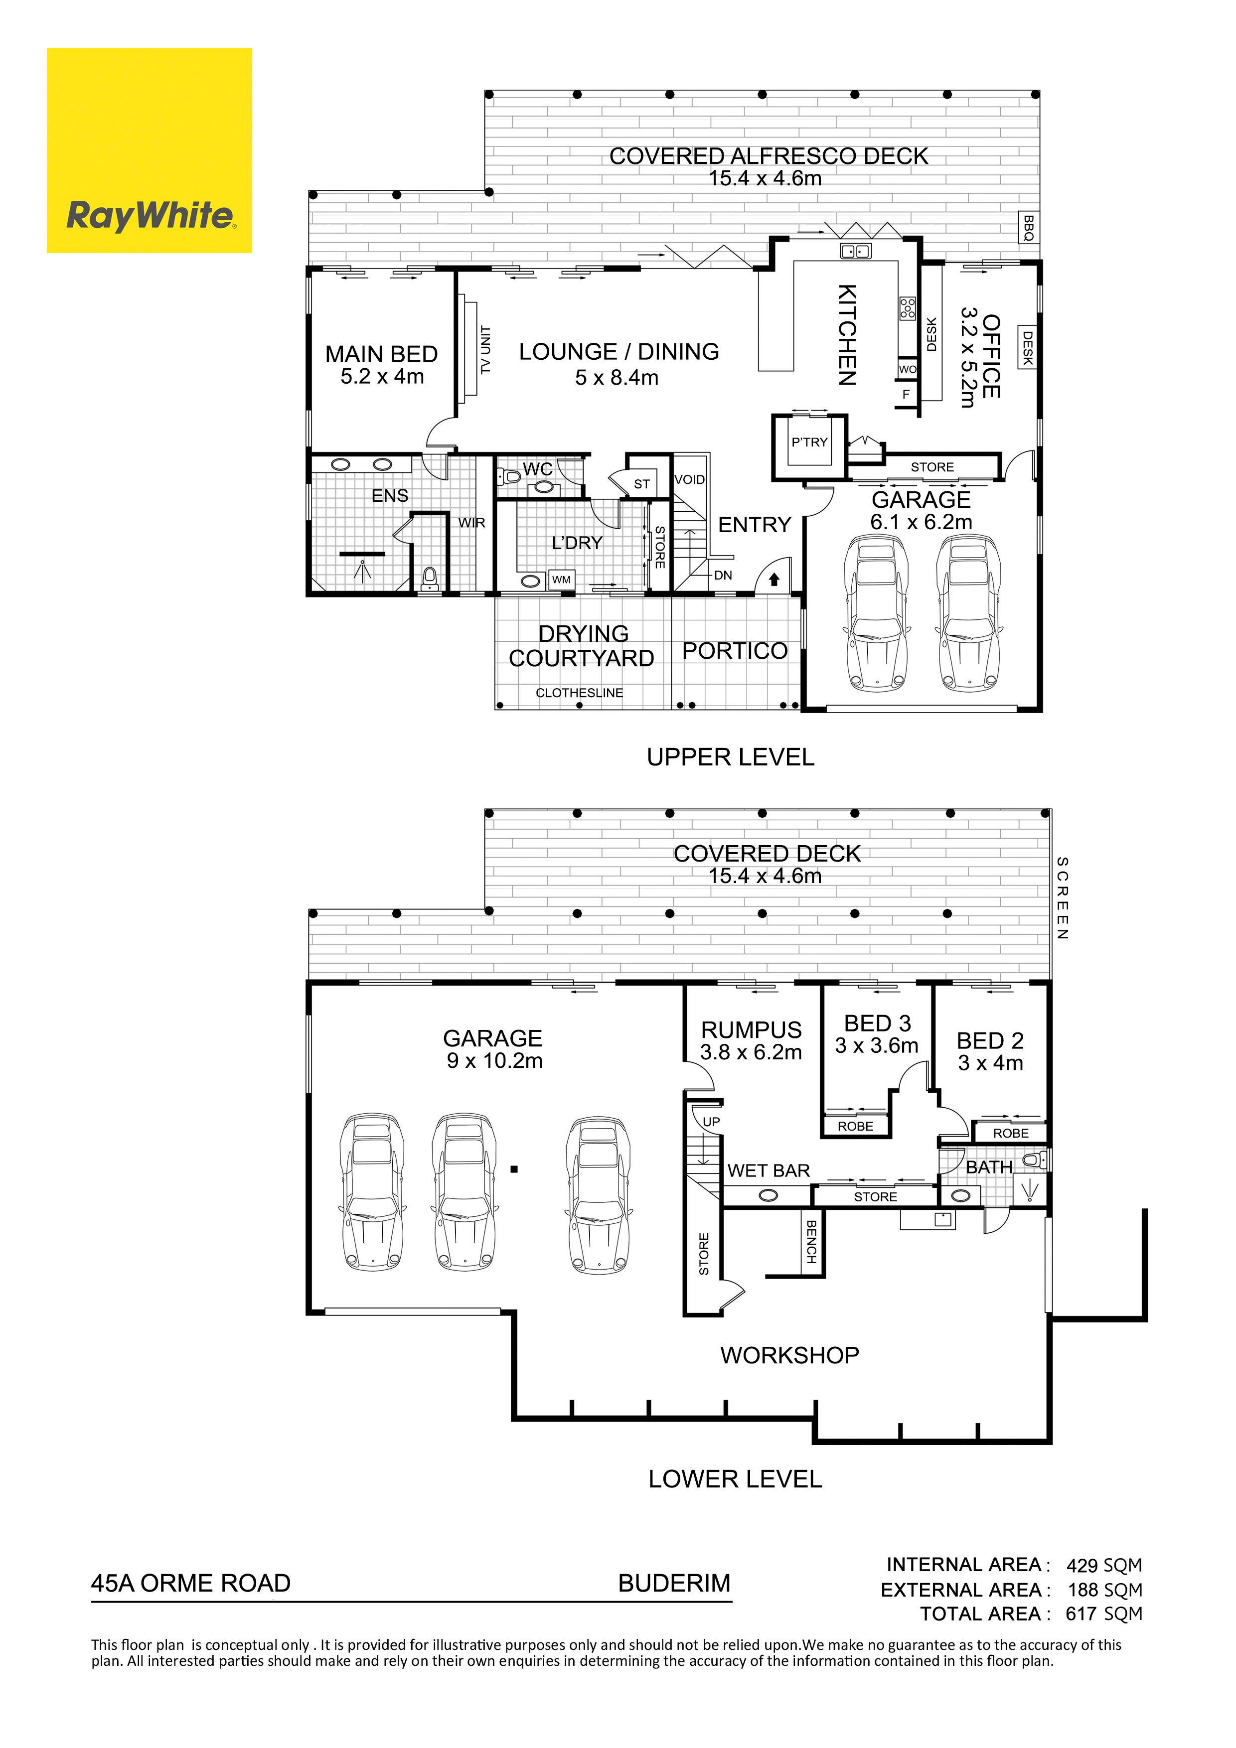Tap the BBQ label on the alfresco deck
pyautogui.click(x=1029, y=228)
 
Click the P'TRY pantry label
pyautogui.click(x=809, y=441)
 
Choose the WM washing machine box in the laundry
pyautogui.click(x=561, y=580)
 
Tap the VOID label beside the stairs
pyautogui.click(x=690, y=480)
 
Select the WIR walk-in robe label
pyautogui.click(x=471, y=522)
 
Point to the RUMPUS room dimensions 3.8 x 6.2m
pyautogui.click(x=751, y=1053)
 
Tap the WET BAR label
pyautogui.click(x=769, y=1171)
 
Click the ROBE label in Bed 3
pyautogui.click(x=855, y=1126)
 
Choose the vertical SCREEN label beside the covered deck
pyautogui.click(x=1063, y=898)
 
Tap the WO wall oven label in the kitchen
pyautogui.click(x=908, y=369)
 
